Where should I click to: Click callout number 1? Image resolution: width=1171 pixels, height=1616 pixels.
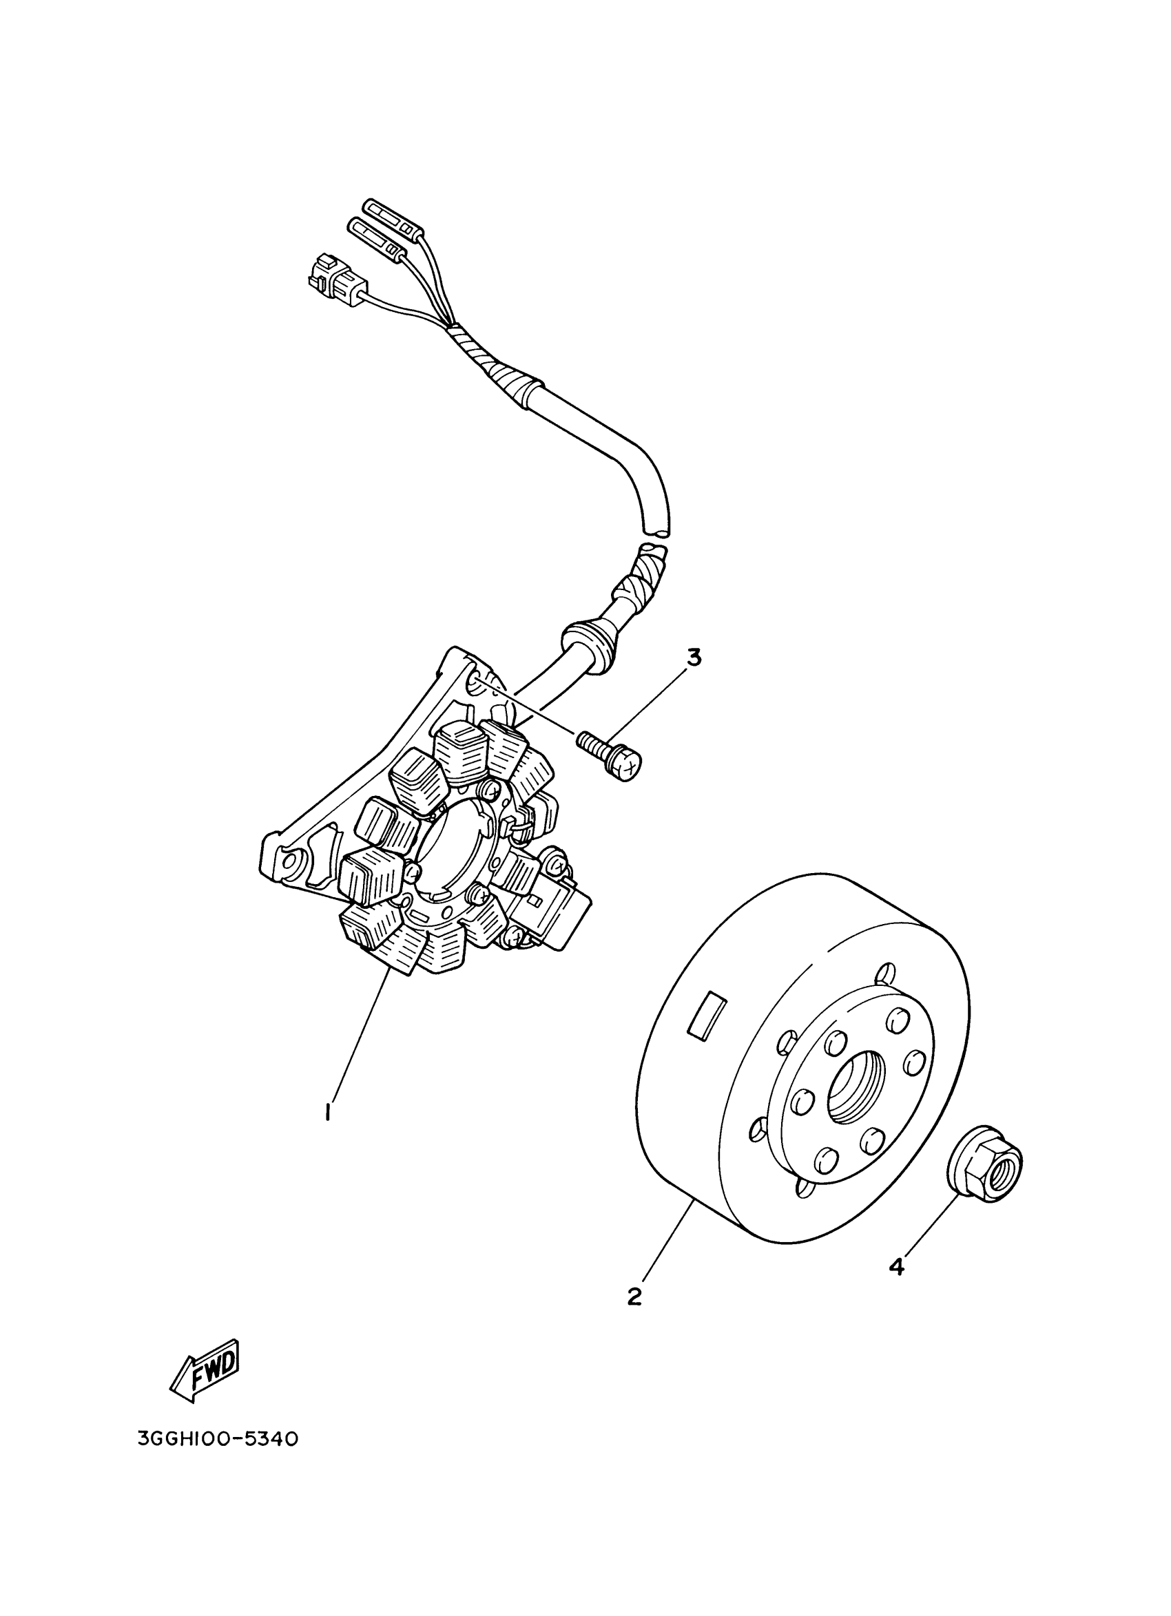[x=327, y=1111]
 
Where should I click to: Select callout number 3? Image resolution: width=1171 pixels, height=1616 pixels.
[x=693, y=657]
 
